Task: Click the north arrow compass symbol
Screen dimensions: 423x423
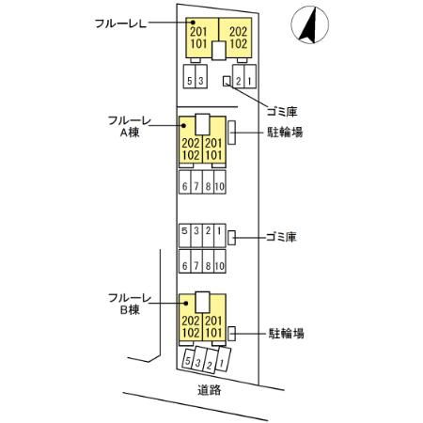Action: pos(308,26)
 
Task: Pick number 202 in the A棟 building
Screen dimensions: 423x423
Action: pos(190,142)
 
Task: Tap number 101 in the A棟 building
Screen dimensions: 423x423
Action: pos(213,154)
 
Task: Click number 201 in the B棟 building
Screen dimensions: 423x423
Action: pos(213,321)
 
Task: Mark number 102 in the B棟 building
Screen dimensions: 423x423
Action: pos(190,333)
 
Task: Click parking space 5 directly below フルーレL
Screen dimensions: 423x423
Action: pos(190,81)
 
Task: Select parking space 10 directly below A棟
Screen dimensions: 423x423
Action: pos(219,186)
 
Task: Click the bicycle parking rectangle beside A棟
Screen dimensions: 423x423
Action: pos(231,133)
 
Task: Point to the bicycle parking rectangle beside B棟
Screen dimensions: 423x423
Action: pos(231,333)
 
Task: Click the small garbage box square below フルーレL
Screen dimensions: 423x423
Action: pos(225,81)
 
